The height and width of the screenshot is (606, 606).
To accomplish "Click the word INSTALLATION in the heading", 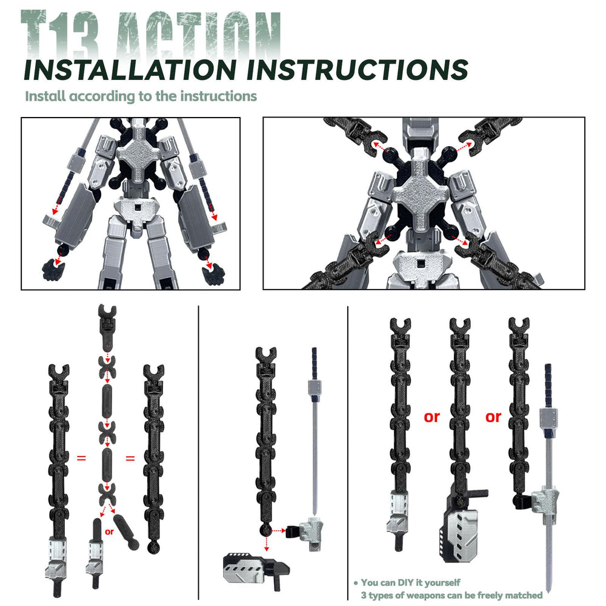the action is (130, 70).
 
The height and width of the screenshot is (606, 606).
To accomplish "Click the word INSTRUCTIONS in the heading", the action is (357, 70).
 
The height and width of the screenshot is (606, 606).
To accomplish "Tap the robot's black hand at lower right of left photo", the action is (213, 274).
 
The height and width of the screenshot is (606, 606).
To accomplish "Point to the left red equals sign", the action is (81, 458).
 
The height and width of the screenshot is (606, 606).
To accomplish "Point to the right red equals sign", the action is (130, 458).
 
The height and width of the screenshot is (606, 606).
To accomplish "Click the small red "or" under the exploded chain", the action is (109, 532).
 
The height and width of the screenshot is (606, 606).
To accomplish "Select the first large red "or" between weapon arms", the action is (431, 417).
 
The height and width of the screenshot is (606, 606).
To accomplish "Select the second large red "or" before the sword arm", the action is (493, 417).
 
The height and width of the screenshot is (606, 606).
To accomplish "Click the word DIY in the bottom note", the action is (407, 582).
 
